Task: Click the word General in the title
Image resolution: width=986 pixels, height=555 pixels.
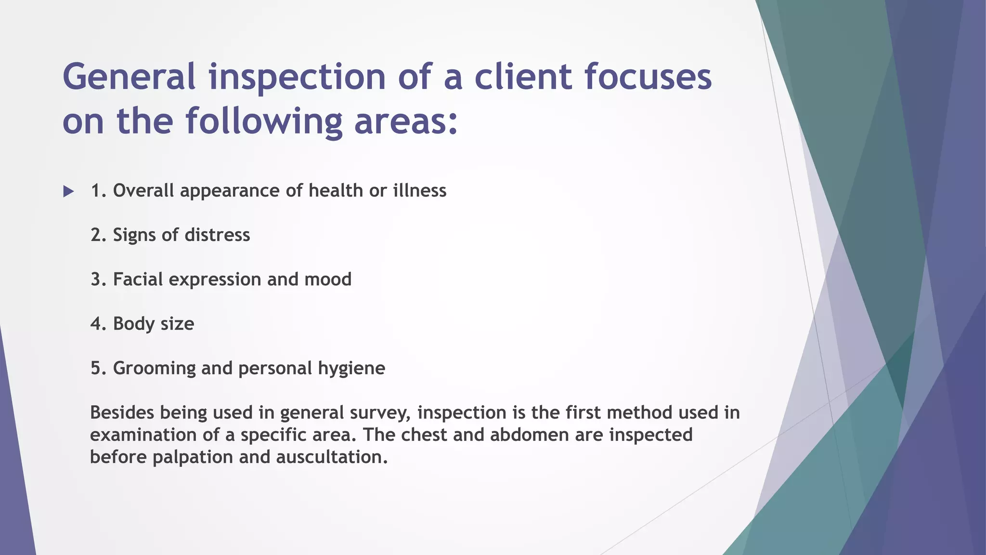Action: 129,77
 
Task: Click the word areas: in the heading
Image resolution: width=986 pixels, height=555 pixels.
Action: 406,121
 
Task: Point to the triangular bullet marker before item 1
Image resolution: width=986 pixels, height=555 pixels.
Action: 68,191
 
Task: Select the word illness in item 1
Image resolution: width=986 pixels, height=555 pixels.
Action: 420,191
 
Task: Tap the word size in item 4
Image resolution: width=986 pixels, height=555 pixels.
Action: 177,324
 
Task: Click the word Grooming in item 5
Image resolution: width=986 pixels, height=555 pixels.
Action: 154,368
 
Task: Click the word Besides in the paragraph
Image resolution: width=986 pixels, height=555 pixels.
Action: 122,412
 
